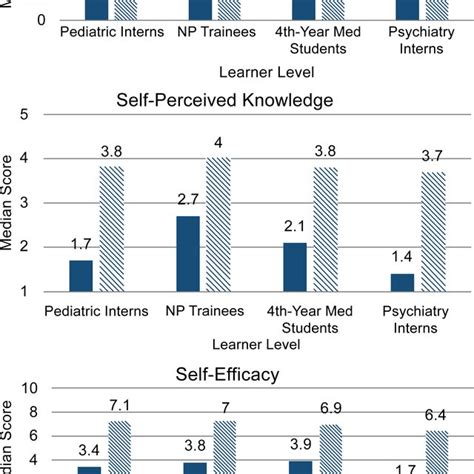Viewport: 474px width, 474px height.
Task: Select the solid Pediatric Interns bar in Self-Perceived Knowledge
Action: click(82, 275)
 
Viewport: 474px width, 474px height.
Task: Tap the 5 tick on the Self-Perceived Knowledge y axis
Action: click(37, 113)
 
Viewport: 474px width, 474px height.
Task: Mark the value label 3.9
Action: click(298, 447)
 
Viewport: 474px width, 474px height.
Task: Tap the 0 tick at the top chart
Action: click(40, 19)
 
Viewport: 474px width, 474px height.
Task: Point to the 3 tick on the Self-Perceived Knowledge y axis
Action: click(37, 202)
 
